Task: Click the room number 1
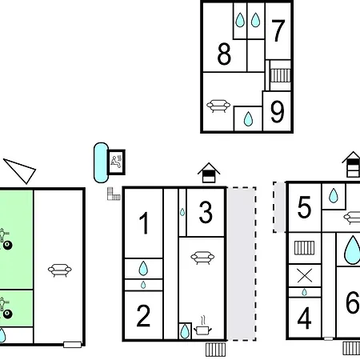(x=144, y=223)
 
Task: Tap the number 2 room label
(x=143, y=316)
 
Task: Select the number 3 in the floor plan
(x=206, y=212)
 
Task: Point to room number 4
(x=304, y=318)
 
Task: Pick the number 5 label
(x=304, y=207)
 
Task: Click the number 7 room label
(x=278, y=30)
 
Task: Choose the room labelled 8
(x=224, y=54)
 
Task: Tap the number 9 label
(x=277, y=112)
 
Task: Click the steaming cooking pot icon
(x=202, y=326)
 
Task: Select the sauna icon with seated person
(x=116, y=162)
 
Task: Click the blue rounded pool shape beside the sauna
(x=101, y=162)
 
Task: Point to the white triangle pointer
(x=22, y=170)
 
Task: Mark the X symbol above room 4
(x=305, y=276)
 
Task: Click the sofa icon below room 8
(x=218, y=106)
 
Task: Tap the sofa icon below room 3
(x=202, y=258)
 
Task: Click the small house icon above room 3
(x=209, y=173)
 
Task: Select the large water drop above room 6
(x=352, y=250)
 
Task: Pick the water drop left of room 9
(x=248, y=119)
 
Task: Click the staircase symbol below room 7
(x=281, y=75)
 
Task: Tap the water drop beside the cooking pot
(x=185, y=331)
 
